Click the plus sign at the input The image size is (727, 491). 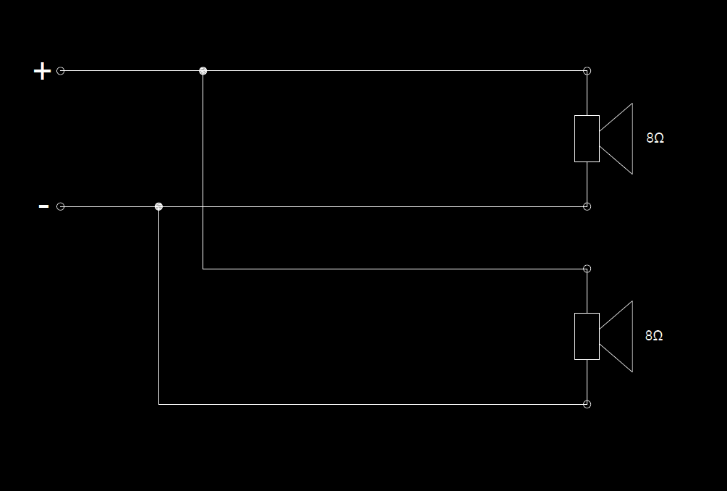click(43, 71)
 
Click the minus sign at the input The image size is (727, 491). click(43, 206)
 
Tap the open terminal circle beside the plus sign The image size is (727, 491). click(61, 71)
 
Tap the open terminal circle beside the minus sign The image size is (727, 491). click(61, 206)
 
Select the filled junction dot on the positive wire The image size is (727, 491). click(203, 71)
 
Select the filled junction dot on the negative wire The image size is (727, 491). click(159, 206)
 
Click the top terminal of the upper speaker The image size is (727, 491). click(587, 71)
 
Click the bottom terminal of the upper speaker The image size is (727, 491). click(587, 206)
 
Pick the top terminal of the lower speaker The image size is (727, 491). click(587, 269)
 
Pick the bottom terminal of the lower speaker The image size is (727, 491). click(587, 404)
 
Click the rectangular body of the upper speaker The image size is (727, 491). click(587, 138)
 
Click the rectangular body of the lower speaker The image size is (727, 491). click(587, 336)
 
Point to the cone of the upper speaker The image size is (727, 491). click(619, 138)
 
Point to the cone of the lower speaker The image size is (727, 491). click(619, 336)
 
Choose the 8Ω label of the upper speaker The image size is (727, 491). click(655, 138)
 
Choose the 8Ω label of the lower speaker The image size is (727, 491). click(654, 335)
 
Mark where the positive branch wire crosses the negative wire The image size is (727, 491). click(203, 206)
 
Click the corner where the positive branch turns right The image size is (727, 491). click(203, 269)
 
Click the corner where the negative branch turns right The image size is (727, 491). click(159, 404)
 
